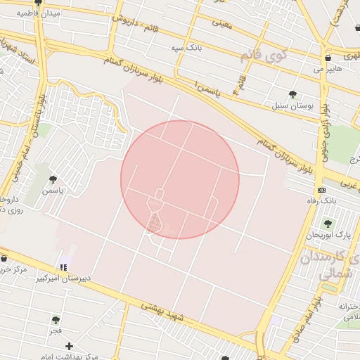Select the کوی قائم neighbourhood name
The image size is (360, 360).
point(264,56)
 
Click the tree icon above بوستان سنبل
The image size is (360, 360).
point(292,94)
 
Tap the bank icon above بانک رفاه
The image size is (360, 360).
point(321,190)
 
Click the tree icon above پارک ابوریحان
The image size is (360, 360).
point(326,222)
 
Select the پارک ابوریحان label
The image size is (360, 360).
point(327,233)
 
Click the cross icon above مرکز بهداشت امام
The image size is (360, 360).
point(69,346)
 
